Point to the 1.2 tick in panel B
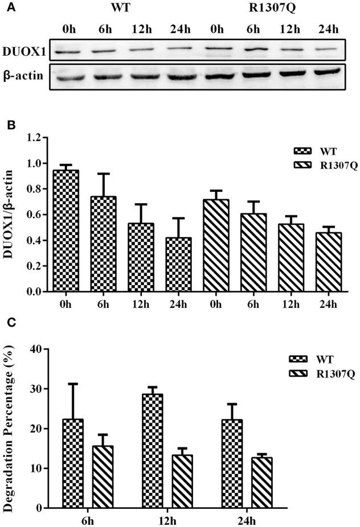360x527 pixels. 37,138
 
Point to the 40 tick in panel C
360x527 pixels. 38,349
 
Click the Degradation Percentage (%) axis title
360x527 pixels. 10,429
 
